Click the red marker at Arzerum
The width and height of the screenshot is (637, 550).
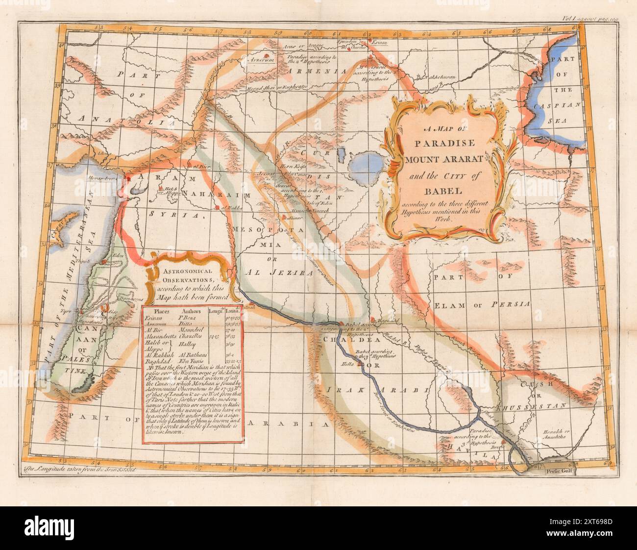[x=266, y=55]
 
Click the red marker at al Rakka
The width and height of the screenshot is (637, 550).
[x=216, y=209]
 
